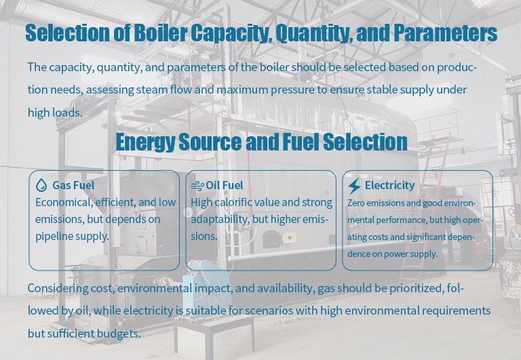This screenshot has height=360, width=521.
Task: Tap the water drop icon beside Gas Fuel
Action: [x=41, y=185]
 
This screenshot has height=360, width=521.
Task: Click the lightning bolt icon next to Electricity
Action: [x=354, y=186]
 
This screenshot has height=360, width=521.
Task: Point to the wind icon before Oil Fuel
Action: [x=197, y=186]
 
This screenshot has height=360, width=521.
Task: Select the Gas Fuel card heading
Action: [x=73, y=185]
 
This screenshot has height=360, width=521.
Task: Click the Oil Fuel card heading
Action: [x=225, y=185]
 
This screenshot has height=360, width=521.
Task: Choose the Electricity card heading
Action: [x=389, y=185]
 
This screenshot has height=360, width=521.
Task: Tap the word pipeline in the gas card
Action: [x=55, y=236]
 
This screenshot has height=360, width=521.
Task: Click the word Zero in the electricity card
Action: [x=355, y=203]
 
